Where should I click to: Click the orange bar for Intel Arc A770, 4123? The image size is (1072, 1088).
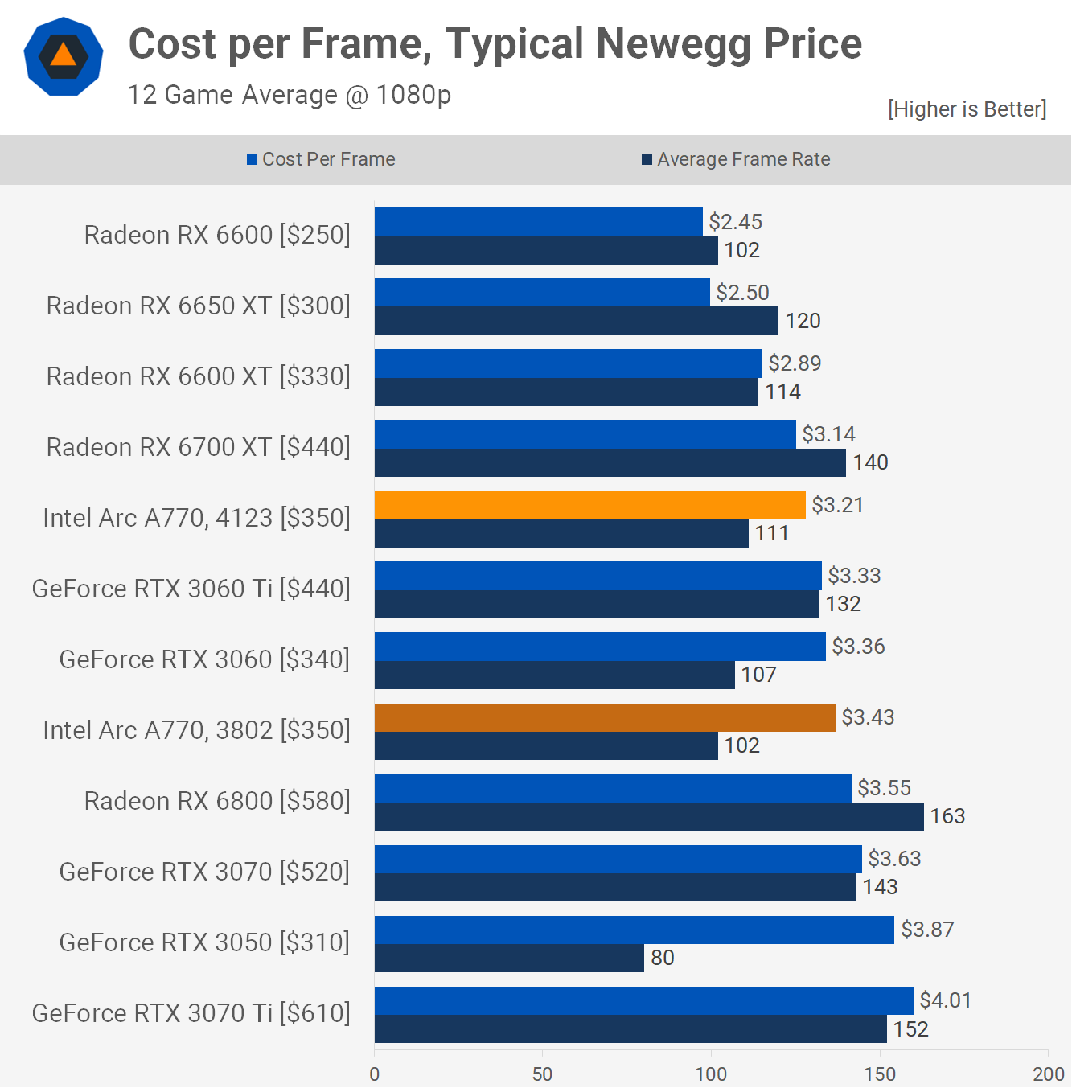point(589,505)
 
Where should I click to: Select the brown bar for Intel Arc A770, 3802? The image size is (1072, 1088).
point(605,717)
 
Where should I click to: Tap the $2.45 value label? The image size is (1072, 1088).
point(735,222)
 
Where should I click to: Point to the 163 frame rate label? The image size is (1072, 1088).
point(947,816)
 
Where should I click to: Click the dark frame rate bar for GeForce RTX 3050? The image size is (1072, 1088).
point(509,958)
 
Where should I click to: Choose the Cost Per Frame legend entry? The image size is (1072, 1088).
point(321,159)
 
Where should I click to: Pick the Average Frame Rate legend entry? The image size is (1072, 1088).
point(736,159)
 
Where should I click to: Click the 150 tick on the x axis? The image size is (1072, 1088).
point(880,1074)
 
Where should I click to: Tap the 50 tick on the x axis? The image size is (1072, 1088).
point(542,1074)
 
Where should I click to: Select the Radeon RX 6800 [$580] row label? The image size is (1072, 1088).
point(217,801)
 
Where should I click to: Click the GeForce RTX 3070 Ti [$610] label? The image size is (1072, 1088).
point(191,1013)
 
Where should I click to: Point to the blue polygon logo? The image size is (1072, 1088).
point(64,56)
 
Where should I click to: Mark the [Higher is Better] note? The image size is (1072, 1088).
point(967,109)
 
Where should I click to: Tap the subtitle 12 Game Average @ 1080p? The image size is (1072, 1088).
point(290,95)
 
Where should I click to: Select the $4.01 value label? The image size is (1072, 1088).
point(945,1000)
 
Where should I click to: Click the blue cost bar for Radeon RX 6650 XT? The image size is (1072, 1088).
point(542,293)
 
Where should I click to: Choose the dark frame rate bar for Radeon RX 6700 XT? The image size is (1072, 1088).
point(610,462)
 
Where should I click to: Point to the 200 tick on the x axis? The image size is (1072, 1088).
point(1048,1074)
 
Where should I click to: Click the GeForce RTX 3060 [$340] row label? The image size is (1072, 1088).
point(204,659)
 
